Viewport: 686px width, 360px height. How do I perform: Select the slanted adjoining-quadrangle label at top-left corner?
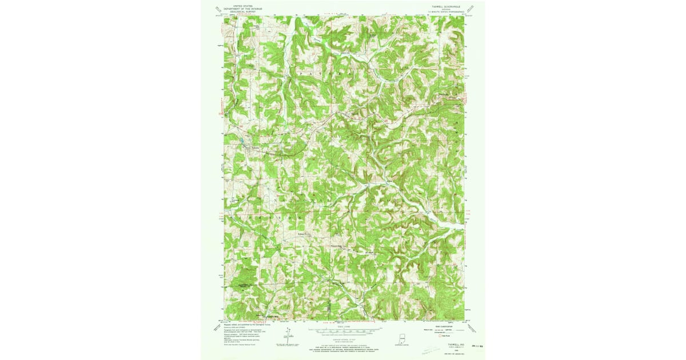tap(217, 9)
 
